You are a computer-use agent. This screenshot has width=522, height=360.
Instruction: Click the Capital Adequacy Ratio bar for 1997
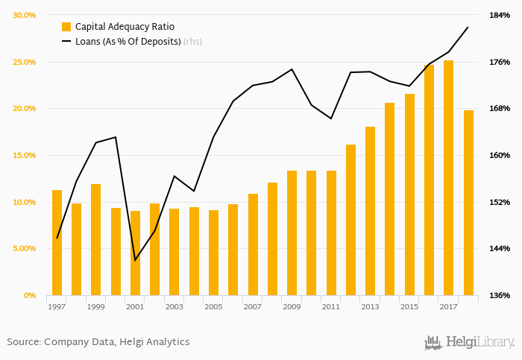coord(57,242)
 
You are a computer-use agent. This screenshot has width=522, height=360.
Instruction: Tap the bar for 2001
coord(135,253)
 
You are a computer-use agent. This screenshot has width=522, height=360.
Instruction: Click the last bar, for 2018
coord(468,203)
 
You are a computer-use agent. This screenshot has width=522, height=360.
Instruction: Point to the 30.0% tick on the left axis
coord(25,15)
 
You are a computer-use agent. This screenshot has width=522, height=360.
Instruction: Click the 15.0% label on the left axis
coord(25,155)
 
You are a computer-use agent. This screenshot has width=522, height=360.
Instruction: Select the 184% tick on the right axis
coord(499,15)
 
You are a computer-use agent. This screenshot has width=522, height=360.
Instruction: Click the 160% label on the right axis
coord(499,155)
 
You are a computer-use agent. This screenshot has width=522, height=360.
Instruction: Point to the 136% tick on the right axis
coord(499,295)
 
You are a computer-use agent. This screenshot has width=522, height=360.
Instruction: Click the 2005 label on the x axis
coord(213,306)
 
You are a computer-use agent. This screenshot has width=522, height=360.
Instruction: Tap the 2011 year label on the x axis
coord(331,306)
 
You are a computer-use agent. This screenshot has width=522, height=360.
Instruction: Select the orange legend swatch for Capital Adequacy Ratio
coord(66,27)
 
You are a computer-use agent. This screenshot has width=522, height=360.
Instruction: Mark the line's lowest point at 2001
coord(135,260)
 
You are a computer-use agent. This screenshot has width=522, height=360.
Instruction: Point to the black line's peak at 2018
coord(468,27)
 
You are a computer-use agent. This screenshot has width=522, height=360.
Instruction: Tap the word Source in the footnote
coord(22,341)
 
